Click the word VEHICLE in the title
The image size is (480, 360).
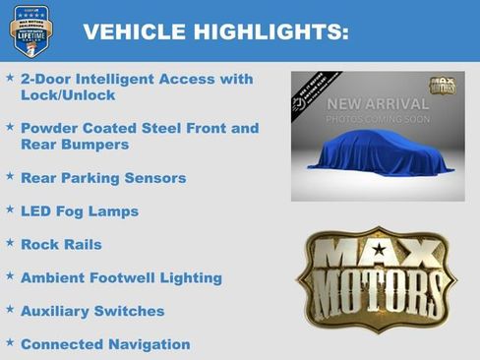pyautogui.click(x=125, y=32)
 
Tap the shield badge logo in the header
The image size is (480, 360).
pyautogui.click(x=31, y=30)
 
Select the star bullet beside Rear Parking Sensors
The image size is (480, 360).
pyautogui.click(x=10, y=177)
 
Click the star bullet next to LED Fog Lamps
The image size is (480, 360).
pyautogui.click(x=10, y=210)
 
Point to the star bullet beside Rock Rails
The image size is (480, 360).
pyautogui.click(x=10, y=243)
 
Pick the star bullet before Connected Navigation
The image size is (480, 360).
pyautogui.click(x=10, y=343)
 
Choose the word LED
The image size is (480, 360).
pyautogui.click(x=37, y=211)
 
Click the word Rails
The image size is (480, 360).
pyautogui.click(x=82, y=245)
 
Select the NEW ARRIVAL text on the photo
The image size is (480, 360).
pyautogui.click(x=378, y=104)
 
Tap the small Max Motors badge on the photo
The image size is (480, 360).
pyautogui.click(x=442, y=86)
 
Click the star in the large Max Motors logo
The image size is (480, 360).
pyautogui.click(x=379, y=278)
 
